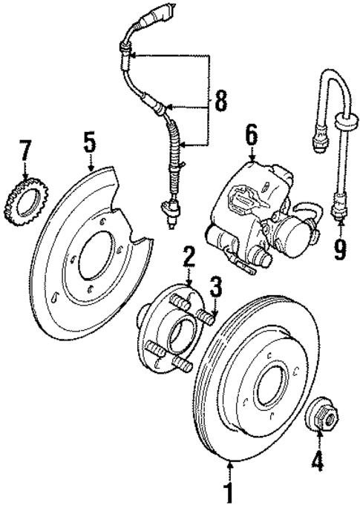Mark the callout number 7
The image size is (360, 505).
click(26, 151)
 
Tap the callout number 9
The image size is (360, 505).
click(340, 246)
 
